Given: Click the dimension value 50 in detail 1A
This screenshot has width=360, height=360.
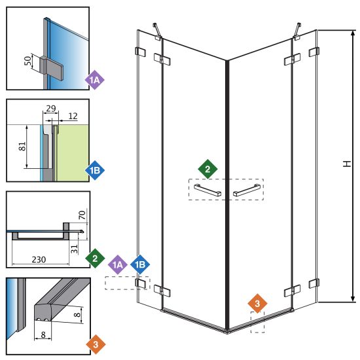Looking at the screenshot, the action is tap(27, 61).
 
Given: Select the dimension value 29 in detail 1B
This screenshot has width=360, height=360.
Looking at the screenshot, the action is tap(51, 108).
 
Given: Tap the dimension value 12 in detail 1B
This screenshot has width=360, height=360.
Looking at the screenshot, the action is tap(73, 116).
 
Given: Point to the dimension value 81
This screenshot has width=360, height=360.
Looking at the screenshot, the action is tap(22, 146).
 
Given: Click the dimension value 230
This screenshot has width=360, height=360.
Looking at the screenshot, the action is tap(39, 259).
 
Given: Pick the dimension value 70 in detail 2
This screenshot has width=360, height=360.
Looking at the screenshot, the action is tap(82, 215).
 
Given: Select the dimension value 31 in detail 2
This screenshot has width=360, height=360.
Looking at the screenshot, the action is tap(74, 249).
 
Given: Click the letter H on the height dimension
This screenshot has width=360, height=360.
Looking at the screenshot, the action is tap(347, 164).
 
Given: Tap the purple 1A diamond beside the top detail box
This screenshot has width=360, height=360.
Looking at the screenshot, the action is tap(94, 80).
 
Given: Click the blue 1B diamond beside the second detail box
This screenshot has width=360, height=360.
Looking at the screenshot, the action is tap(95, 170).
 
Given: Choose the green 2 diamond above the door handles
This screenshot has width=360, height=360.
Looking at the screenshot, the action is tap(207, 169).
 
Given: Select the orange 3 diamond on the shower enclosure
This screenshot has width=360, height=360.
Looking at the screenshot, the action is tap(257, 303).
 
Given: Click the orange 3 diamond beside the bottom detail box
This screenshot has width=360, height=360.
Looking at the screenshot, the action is tap(96, 344).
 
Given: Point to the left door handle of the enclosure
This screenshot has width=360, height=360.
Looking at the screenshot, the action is tap(207, 190).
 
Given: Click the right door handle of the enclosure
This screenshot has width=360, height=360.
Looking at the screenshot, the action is tap(247, 190).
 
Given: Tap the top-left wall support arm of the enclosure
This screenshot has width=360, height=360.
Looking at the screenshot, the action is tap(157, 30).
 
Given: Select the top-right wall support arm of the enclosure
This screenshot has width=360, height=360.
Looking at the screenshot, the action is tap(297, 30).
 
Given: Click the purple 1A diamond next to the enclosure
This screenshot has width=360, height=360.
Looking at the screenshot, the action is tap(118, 264).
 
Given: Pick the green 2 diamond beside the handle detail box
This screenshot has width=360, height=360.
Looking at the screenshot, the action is tap(95, 259).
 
